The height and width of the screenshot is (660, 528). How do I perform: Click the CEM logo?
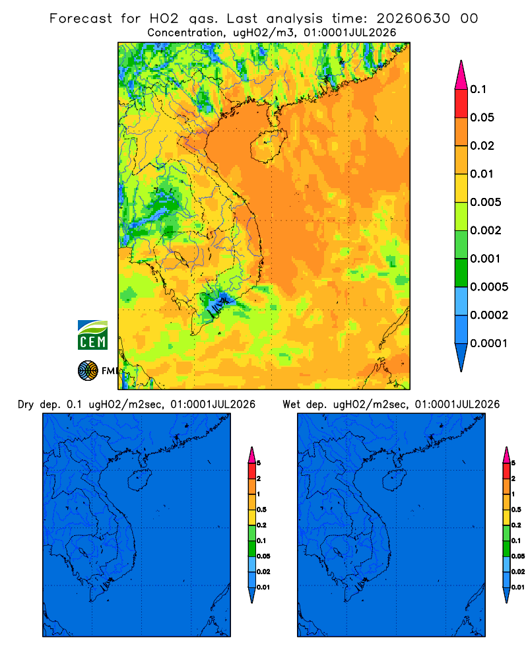(x=92, y=335)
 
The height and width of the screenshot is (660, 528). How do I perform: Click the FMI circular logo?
(x=88, y=370)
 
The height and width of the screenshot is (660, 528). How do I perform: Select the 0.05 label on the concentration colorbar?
(x=482, y=117)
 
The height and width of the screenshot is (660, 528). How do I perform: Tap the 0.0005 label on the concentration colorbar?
(x=489, y=287)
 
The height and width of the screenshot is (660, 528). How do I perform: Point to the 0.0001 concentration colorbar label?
(x=489, y=343)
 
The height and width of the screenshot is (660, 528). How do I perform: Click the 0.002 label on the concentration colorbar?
(x=486, y=230)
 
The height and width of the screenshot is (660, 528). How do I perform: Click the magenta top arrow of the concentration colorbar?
(x=461, y=75)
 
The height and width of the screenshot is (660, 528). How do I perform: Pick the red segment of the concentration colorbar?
(x=461, y=104)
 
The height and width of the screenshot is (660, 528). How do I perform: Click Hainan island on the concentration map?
(x=268, y=146)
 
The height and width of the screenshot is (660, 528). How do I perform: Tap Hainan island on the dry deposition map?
(x=139, y=480)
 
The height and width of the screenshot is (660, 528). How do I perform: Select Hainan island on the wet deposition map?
(x=395, y=480)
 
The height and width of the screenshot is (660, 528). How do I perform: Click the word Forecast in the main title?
(x=81, y=18)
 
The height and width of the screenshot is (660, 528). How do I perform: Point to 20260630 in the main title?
(x=413, y=18)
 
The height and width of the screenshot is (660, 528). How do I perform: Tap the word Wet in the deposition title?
(x=292, y=405)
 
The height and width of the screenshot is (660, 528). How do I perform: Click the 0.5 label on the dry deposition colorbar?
(x=261, y=510)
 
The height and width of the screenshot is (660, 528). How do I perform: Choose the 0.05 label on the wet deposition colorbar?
(x=518, y=556)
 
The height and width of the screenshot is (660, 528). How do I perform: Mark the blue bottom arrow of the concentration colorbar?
(x=461, y=357)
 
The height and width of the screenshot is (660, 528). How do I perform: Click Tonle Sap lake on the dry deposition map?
(x=84, y=552)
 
